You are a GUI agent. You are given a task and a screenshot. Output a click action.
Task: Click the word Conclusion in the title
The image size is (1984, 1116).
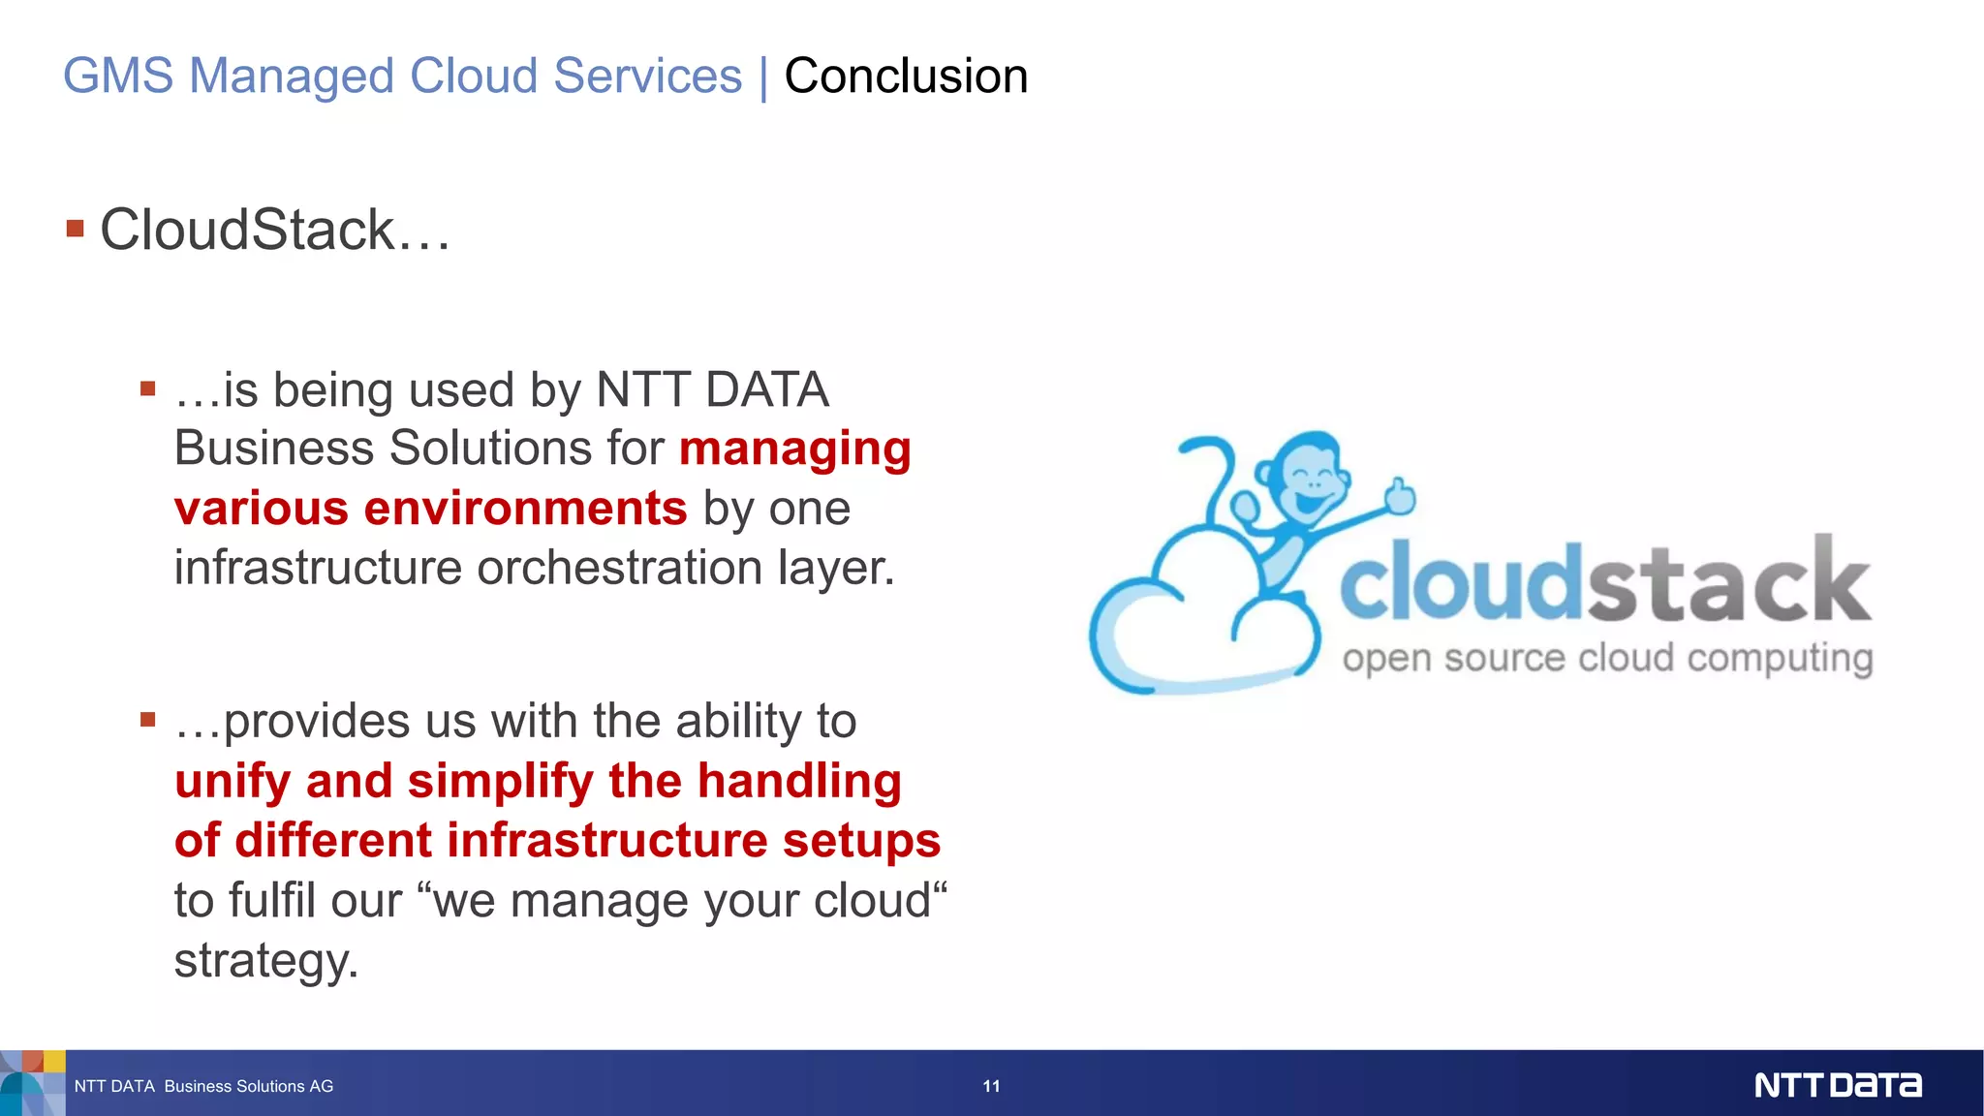(x=906, y=77)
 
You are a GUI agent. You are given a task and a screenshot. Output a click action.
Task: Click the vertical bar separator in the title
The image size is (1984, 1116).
(x=763, y=77)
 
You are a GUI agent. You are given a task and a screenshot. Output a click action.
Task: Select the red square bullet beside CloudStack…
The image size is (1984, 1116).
(x=76, y=229)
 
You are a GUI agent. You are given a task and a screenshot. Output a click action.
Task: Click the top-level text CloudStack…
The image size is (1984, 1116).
(x=275, y=231)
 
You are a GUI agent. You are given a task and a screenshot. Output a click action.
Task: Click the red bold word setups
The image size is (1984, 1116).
(x=861, y=841)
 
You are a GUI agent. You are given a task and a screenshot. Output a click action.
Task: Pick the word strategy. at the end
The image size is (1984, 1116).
(x=266, y=961)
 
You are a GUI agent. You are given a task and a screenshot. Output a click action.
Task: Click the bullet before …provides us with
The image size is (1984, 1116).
(x=148, y=719)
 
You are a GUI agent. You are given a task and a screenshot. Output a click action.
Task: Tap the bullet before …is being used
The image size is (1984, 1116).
(x=148, y=388)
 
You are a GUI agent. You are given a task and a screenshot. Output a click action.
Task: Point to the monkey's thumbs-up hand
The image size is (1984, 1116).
(x=1399, y=496)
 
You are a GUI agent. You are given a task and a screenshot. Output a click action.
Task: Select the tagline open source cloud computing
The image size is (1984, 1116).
(x=1607, y=659)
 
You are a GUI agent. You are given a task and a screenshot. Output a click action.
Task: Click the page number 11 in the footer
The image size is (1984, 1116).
(x=991, y=1086)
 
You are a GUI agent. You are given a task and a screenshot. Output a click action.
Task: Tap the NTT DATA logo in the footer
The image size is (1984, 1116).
(x=1837, y=1085)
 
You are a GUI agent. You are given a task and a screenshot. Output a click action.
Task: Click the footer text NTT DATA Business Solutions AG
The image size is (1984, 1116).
(x=203, y=1086)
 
